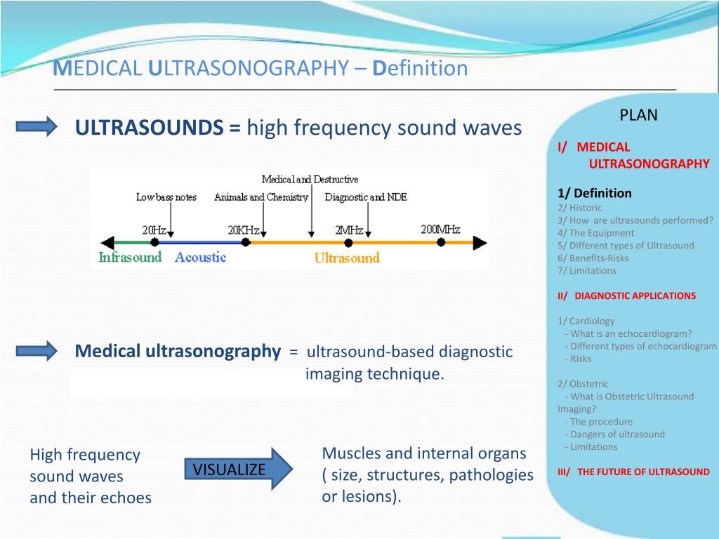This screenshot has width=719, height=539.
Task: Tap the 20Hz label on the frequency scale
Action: pos(154,229)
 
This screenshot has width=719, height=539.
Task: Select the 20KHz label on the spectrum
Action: pos(244,229)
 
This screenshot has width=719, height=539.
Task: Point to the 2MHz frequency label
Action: pos(349,229)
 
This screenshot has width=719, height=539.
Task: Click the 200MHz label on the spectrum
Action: pos(440,229)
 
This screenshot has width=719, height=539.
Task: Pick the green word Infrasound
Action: pos(130,257)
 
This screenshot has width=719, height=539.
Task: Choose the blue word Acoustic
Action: pos(200,257)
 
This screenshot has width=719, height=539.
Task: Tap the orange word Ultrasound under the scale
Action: pos(346,258)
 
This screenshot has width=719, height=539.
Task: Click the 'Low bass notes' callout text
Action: pos(166,197)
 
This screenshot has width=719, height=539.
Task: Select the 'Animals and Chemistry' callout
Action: pos(261,197)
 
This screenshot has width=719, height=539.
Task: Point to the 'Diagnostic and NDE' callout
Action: pos(366,197)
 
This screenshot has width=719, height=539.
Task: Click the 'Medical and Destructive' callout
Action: pos(310,180)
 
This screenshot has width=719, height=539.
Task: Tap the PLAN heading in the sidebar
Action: pos(638,116)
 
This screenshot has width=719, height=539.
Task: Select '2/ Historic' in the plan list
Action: pos(579,208)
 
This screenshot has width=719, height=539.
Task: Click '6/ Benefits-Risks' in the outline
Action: pos(593,258)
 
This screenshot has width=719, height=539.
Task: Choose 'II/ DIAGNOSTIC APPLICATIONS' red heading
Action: pos(626,295)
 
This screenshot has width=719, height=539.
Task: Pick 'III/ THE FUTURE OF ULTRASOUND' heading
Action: pos(633,472)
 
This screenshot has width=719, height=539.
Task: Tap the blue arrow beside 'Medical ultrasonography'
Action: pos(37,351)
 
